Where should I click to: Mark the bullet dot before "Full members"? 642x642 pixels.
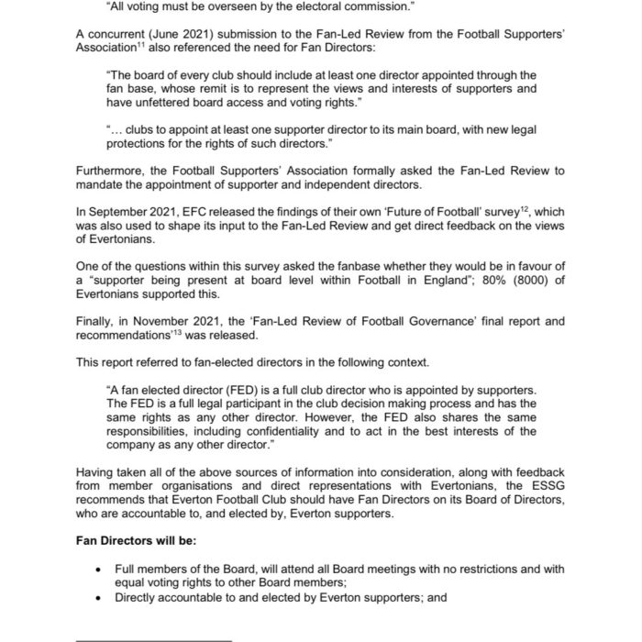pyautogui.click(x=99, y=570)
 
